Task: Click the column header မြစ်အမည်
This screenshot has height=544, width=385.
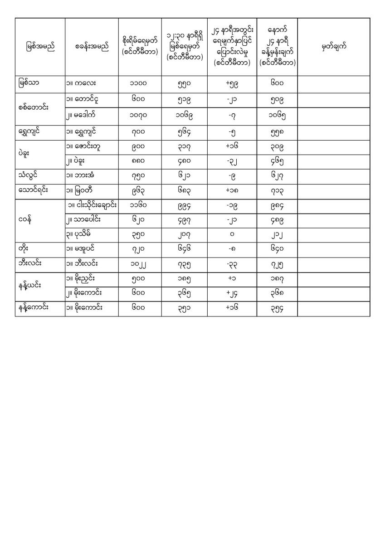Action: click(40, 47)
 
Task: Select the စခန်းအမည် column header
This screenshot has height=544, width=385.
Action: click(92, 47)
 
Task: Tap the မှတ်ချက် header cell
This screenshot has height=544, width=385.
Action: click(334, 47)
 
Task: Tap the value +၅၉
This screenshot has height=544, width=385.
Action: click(232, 84)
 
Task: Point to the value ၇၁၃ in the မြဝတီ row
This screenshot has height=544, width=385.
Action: click(277, 191)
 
